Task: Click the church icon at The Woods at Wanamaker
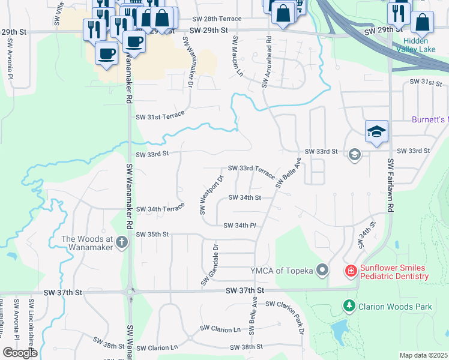[x=122, y=242]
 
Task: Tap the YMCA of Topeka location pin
[x=322, y=270]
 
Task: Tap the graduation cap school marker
[x=376, y=133]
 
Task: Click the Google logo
[x=20, y=353]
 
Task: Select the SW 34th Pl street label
[x=240, y=226]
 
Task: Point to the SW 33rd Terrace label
[x=252, y=172]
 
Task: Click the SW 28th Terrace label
[x=218, y=19]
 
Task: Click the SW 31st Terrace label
[x=160, y=116]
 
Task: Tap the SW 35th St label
[x=153, y=234]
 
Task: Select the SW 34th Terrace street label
[x=160, y=209]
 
